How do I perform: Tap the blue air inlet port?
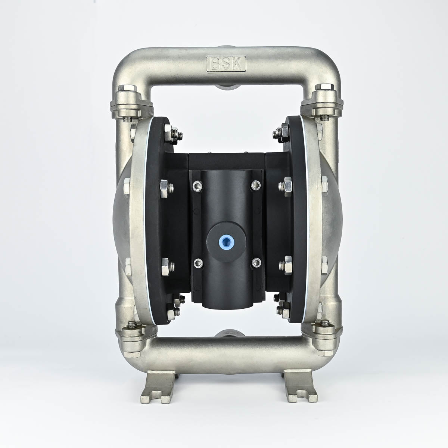coord(225,240)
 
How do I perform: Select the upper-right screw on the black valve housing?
coord(256,185)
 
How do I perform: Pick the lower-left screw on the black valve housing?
coord(198,264)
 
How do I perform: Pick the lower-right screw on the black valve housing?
coord(256,263)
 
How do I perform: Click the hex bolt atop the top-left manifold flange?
coord(127,88)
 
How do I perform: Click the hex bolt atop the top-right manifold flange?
coord(325,87)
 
